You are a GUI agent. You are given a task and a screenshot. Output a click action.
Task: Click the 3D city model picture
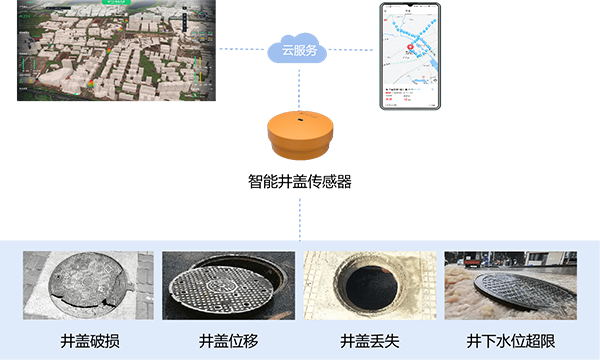110,55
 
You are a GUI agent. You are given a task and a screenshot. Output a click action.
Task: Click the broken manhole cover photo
88,285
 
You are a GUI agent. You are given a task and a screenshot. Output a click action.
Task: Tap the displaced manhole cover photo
228,285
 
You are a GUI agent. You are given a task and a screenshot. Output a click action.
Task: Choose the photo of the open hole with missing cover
370,285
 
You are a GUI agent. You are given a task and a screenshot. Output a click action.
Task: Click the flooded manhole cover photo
512,285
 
